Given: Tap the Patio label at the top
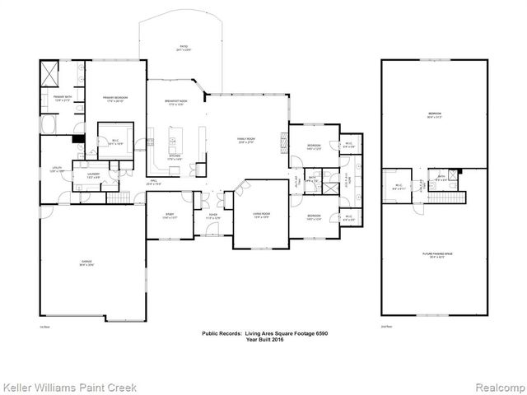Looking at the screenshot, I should click(175, 49).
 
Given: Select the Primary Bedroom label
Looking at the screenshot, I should click(114, 100).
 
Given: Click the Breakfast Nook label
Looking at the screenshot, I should click(177, 102).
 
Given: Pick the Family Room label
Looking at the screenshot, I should click(246, 141).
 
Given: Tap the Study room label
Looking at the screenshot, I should click(169, 216).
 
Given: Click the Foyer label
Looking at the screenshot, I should click(212, 216).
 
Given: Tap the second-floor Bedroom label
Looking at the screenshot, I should click(433, 114).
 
